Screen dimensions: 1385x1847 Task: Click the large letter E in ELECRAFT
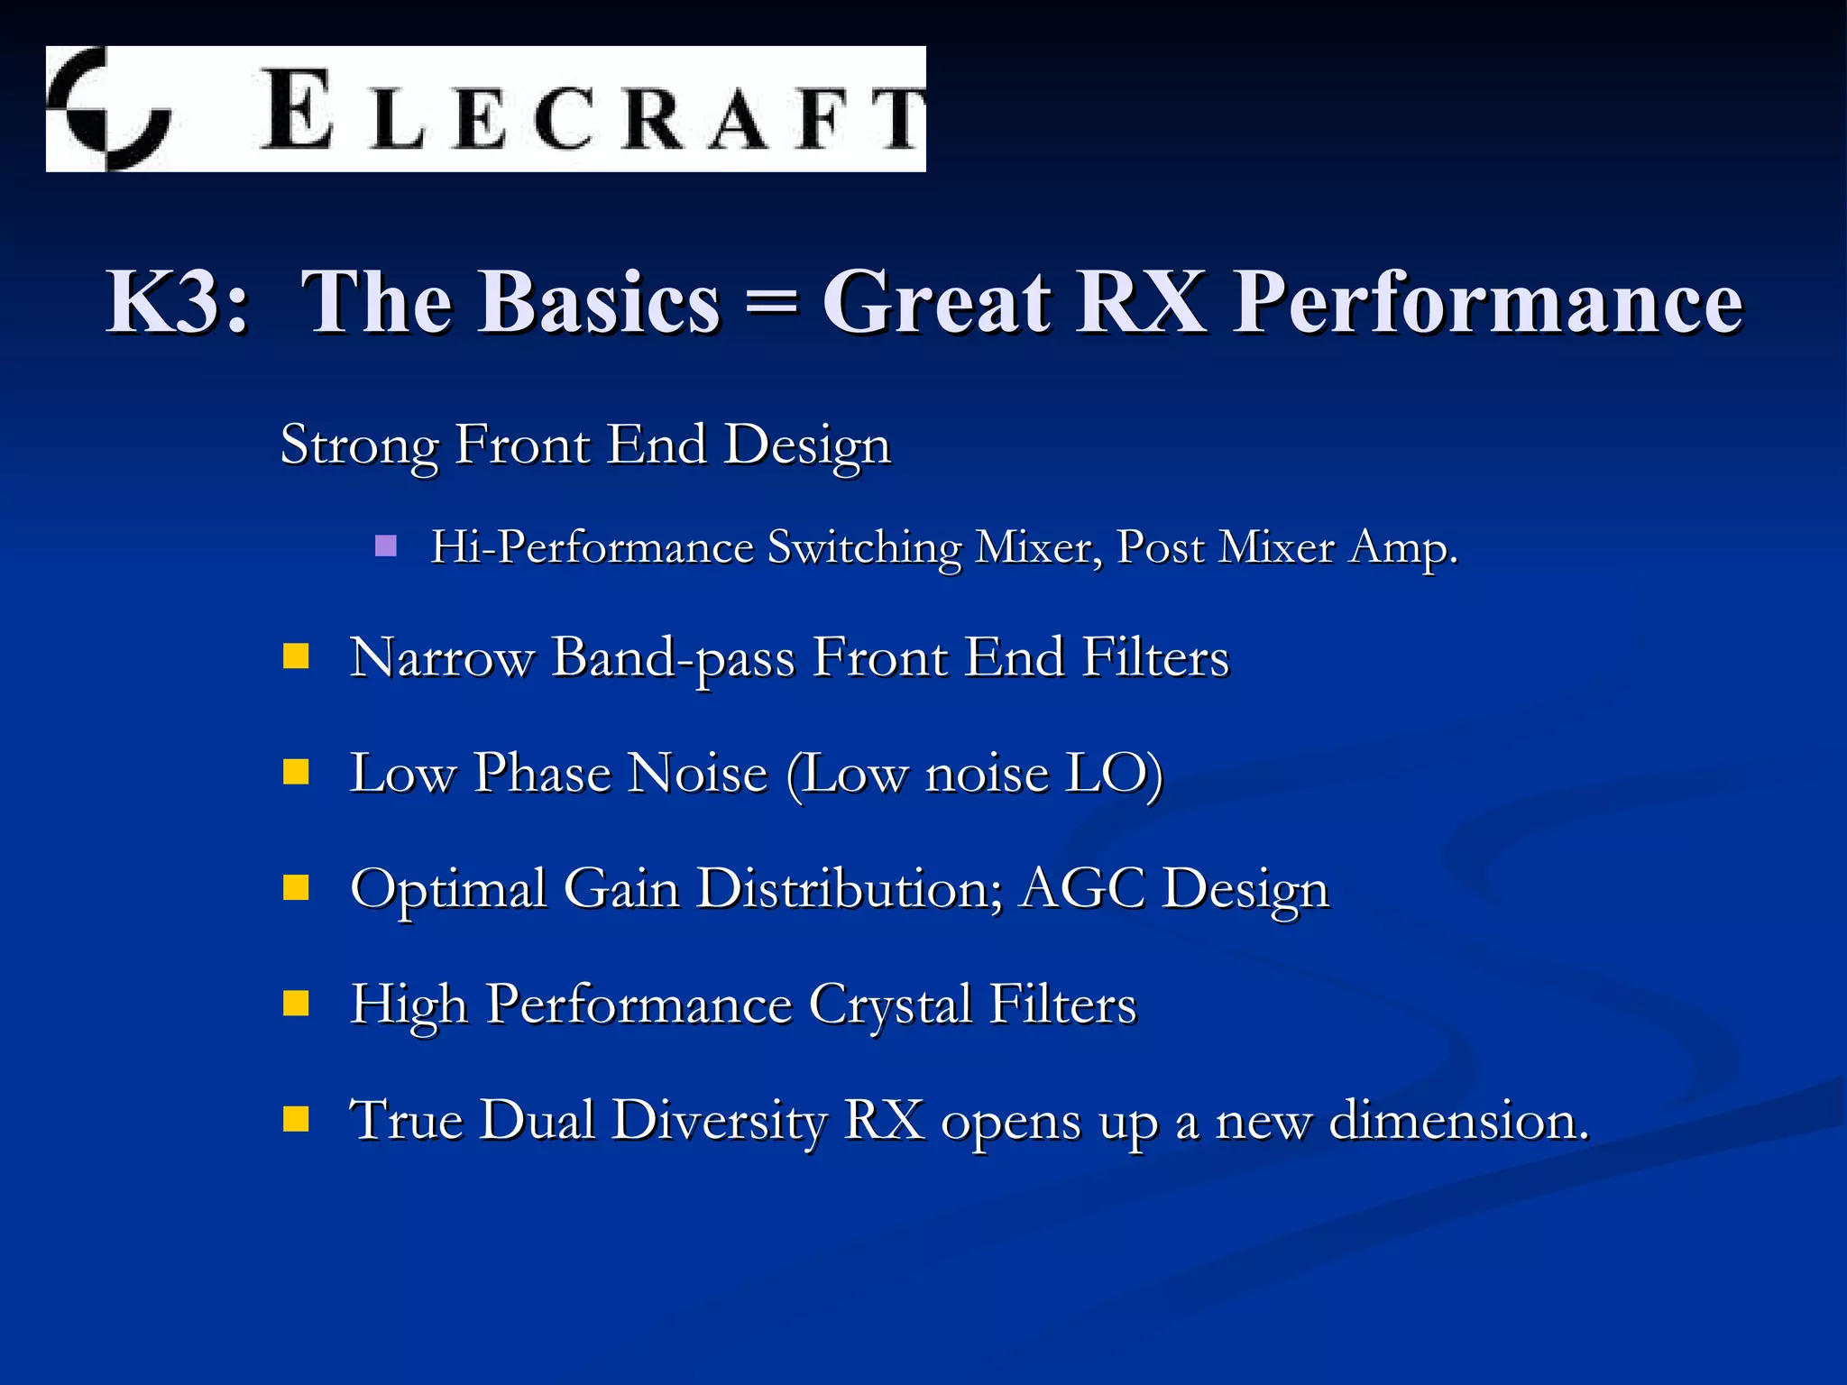[296, 110]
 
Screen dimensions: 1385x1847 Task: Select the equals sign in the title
[772, 302]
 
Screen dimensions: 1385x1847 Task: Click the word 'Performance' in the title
[1488, 302]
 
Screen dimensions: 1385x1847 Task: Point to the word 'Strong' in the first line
[359, 445]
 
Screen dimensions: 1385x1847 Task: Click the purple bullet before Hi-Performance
[386, 546]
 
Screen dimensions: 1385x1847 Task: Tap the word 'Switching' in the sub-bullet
[864, 547]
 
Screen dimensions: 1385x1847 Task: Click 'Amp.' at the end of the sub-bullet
[1402, 547]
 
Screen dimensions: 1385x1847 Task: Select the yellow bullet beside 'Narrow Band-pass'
[296, 656]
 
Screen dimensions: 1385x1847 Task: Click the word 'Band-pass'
[673, 658]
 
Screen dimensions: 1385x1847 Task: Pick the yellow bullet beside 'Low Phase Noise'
[296, 772]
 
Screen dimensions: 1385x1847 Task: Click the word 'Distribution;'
[848, 889]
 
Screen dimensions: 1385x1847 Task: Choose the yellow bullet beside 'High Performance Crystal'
[296, 1003]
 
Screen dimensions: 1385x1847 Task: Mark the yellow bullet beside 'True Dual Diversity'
[296, 1118]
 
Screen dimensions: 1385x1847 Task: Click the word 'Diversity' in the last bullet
[719, 1121]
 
